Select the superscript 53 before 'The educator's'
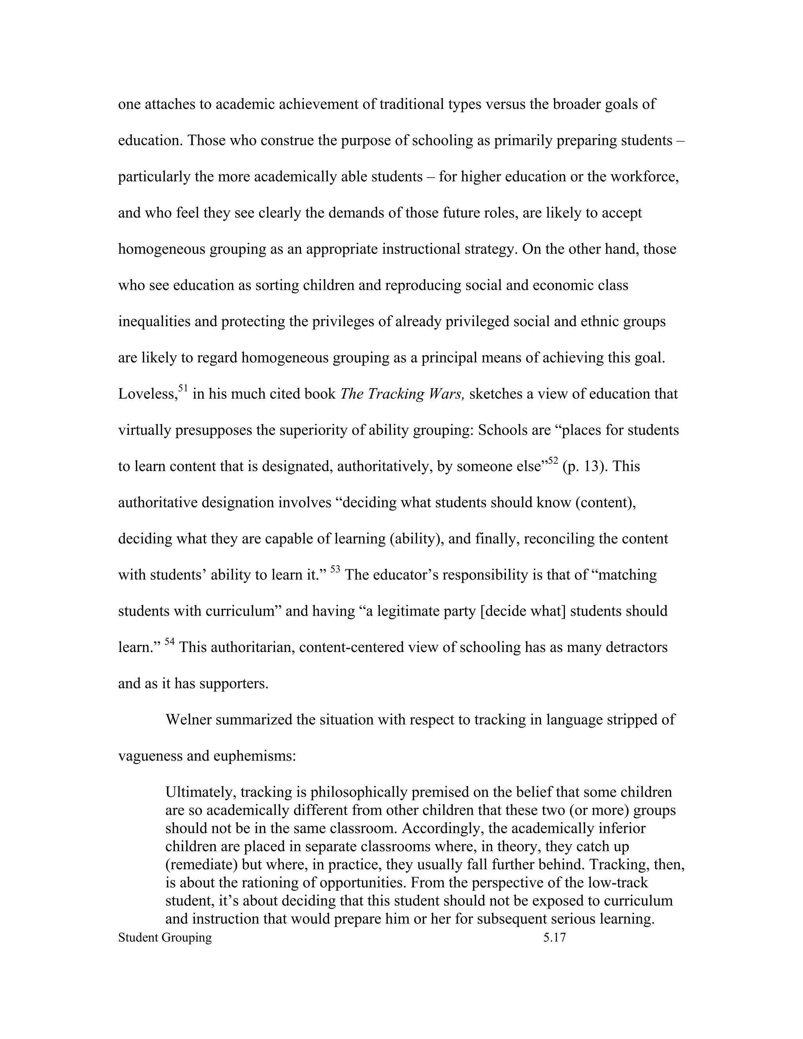point(335,569)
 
